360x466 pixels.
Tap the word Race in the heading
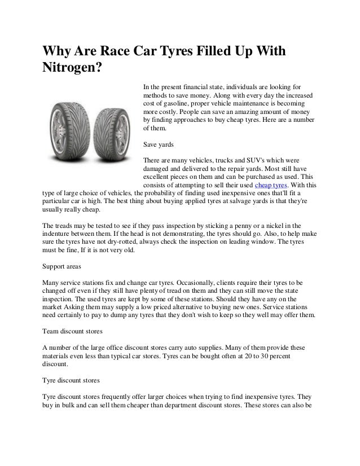pyautogui.click(x=119, y=51)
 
